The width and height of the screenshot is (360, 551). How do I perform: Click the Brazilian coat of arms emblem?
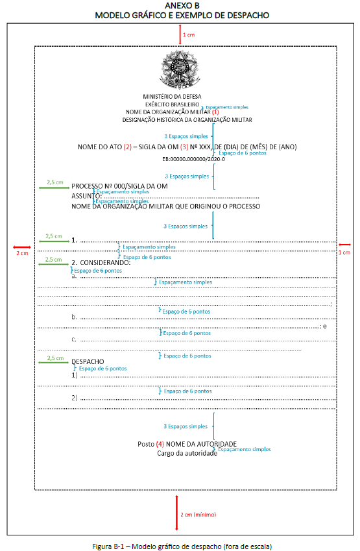(x=180, y=69)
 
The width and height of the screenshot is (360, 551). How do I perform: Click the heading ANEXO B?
(x=182, y=6)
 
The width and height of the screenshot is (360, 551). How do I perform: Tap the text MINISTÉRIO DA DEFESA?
(x=172, y=96)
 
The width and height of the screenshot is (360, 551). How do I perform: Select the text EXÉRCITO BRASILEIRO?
(x=172, y=104)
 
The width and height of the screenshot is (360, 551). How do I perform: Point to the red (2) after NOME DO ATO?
(x=128, y=147)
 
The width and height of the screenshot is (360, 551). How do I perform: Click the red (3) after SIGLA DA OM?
(x=184, y=147)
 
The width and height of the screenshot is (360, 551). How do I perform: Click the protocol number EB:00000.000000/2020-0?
(x=193, y=159)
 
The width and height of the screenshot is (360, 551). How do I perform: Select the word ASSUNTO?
(x=86, y=196)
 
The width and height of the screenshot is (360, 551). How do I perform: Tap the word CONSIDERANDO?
(x=105, y=262)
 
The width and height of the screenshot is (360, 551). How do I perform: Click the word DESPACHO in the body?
(x=88, y=361)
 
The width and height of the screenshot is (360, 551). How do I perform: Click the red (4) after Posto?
(x=160, y=444)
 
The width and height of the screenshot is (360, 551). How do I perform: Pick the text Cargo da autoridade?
(x=187, y=453)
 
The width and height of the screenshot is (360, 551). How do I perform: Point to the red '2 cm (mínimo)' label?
(x=198, y=515)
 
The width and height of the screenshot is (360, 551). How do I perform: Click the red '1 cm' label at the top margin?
(x=189, y=35)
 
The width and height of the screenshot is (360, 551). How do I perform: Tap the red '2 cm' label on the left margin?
(x=22, y=253)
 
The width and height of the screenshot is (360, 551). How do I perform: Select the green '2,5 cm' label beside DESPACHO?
(x=56, y=358)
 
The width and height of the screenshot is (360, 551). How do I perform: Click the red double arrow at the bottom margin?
(x=176, y=513)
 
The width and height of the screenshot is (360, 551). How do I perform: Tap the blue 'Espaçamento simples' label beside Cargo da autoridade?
(x=245, y=449)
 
